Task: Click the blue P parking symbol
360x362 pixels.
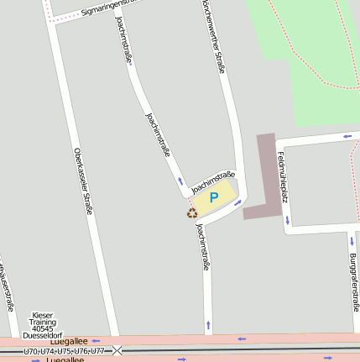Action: point(213,197)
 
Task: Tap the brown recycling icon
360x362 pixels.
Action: point(192,212)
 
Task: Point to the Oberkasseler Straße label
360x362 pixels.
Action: point(82,181)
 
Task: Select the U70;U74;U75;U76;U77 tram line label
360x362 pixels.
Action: point(65,350)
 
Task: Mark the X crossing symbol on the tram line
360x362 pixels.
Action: point(117,350)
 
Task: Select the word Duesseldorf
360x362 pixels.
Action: point(42,335)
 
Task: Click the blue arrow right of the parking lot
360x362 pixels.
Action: point(237,202)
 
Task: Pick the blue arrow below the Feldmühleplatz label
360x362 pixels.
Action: point(287,221)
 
